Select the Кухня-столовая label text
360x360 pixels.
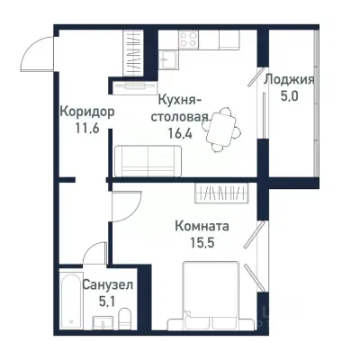[184, 108]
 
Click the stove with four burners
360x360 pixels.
[189, 39]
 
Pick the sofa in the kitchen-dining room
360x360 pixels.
[147, 160]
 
